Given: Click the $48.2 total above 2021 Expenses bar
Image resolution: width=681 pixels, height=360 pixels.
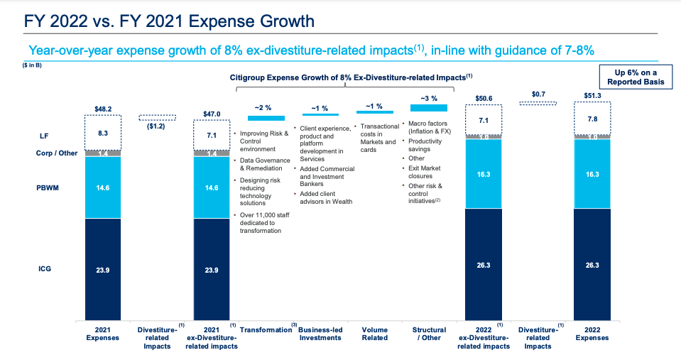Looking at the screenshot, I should tap(103, 109).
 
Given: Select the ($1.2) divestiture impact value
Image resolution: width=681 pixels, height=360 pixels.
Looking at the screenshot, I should tap(157, 126).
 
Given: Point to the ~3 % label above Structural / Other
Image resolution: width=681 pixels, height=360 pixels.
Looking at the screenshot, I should tap(429, 98).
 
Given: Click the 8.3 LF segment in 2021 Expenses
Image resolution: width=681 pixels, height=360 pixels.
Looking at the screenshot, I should tap(103, 132).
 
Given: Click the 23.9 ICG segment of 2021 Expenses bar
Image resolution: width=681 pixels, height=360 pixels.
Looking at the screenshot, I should tap(103, 270).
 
